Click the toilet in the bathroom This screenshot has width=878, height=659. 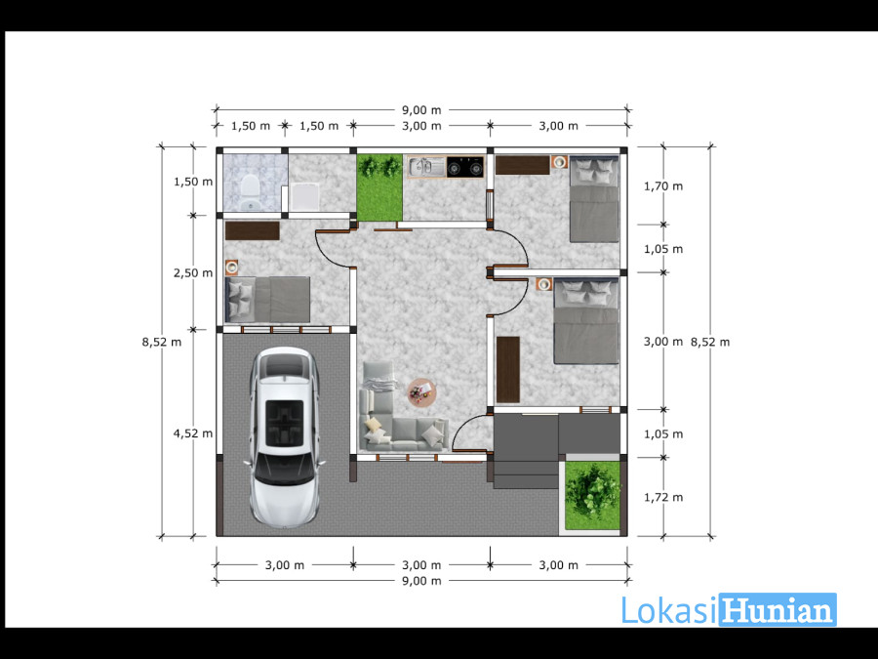tap(250, 192)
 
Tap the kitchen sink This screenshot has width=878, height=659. tap(426, 166)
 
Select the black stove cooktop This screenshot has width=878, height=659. tap(464, 166)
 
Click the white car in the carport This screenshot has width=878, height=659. tap(285, 437)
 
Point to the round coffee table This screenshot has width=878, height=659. tap(421, 391)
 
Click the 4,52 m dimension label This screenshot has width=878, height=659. tap(192, 433)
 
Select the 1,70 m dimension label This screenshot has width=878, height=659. tap(663, 186)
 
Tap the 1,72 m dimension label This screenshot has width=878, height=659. tap(663, 497)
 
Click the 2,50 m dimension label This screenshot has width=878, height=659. tap(192, 273)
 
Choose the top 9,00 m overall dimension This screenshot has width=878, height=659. tap(421, 109)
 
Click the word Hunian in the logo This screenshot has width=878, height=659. tap(778, 609)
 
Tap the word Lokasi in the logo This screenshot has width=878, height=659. tap(669, 609)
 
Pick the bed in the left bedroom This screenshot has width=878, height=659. tap(267, 300)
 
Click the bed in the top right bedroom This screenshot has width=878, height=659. tap(595, 199)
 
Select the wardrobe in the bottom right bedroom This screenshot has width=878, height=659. tap(508, 370)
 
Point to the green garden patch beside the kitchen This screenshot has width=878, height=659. tap(379, 187)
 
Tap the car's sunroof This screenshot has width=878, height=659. tap(285, 423)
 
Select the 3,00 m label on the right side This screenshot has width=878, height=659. tap(663, 342)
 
